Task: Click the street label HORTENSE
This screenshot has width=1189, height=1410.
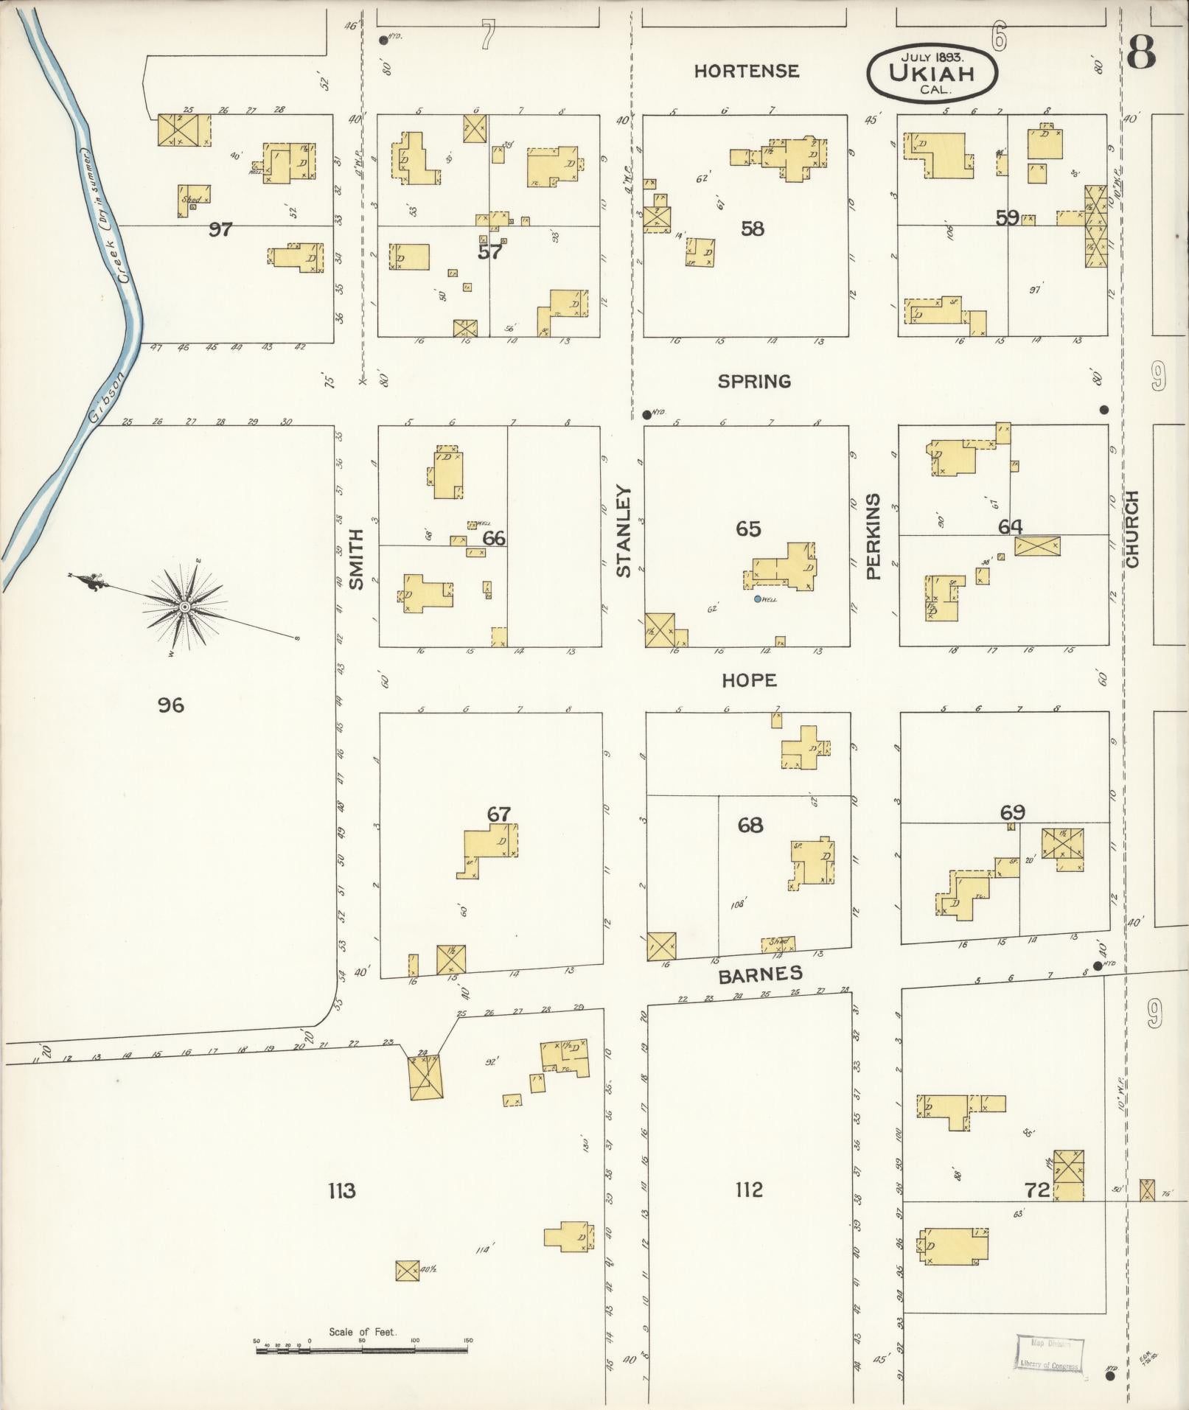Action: tap(746, 71)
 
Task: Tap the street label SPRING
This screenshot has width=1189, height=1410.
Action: tap(754, 381)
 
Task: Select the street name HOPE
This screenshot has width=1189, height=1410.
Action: tap(749, 680)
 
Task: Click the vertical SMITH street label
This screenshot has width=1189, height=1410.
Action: tap(356, 559)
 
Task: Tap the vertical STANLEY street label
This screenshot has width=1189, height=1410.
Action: tap(624, 531)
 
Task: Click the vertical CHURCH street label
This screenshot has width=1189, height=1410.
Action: tap(1132, 529)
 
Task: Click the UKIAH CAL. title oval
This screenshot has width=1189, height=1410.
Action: tap(932, 73)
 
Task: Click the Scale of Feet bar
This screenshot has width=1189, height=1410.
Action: tap(361, 1350)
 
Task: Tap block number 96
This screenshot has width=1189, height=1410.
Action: tap(170, 705)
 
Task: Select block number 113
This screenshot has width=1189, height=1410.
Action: tap(342, 1190)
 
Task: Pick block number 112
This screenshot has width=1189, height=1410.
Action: tap(748, 1189)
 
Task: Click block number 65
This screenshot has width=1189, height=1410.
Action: tap(748, 528)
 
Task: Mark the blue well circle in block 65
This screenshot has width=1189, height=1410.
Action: tap(757, 598)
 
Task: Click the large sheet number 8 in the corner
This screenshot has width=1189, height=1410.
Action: tap(1140, 52)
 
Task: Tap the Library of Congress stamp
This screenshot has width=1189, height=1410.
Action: tap(1050, 1353)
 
